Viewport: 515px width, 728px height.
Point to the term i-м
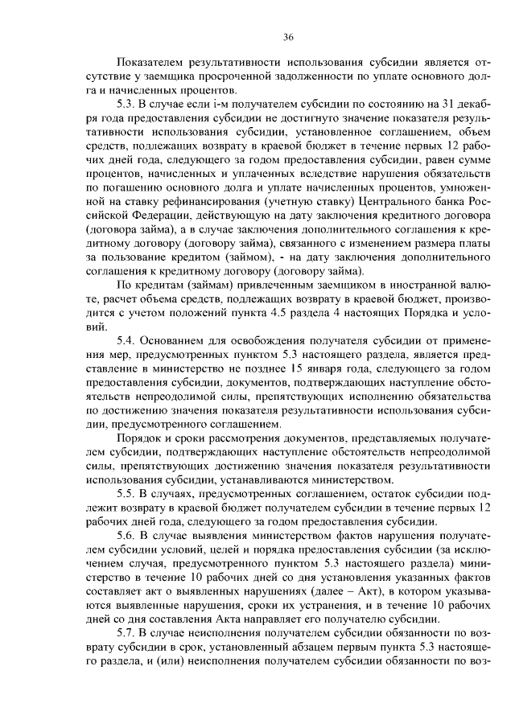click(206, 102)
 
